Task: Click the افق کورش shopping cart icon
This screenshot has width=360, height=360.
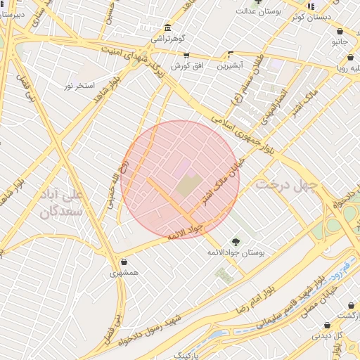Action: (186, 55)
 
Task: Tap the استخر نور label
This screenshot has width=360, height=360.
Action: (78, 86)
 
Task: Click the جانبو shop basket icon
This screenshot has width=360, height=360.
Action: (340, 32)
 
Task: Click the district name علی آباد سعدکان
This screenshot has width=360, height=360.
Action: (58, 202)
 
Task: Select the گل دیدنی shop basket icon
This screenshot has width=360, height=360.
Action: (327, 326)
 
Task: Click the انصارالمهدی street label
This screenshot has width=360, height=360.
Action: (270, 106)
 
